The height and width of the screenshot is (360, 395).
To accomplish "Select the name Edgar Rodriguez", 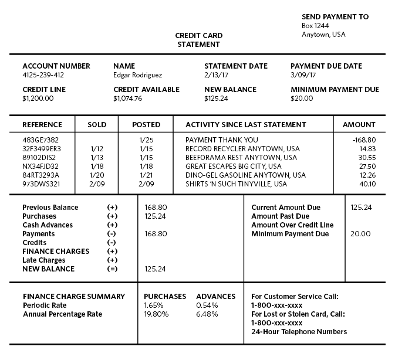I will tap(137, 75).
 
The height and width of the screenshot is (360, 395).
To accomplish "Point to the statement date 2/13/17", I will tap(216, 75).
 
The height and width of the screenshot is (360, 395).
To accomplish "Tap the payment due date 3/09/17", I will tap(303, 75).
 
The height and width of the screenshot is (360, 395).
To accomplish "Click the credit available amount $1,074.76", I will tap(128, 99).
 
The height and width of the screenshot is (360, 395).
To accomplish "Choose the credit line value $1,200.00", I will tap(38, 99).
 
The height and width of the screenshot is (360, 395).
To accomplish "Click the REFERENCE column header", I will tap(42, 124).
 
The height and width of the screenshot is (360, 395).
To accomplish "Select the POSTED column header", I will tap(146, 124).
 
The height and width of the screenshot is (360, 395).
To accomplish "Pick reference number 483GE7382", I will tap(40, 140).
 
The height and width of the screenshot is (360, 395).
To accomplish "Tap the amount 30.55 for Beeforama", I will tap(367, 158).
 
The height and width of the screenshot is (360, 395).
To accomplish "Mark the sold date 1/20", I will tap(97, 175).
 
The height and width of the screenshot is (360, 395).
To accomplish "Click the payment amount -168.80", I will tap(364, 140).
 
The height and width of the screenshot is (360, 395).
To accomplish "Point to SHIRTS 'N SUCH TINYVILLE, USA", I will tap(237, 184).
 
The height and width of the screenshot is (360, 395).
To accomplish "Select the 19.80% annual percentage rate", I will tap(156, 314).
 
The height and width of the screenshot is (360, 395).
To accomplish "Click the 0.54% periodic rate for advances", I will tap(207, 305).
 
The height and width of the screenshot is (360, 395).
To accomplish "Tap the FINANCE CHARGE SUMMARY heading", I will tap(74, 297).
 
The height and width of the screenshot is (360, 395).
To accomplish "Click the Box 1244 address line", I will tap(315, 26).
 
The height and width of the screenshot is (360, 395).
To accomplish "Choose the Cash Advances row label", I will tap(48, 225).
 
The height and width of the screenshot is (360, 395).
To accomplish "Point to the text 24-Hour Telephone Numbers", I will tap(299, 332).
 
